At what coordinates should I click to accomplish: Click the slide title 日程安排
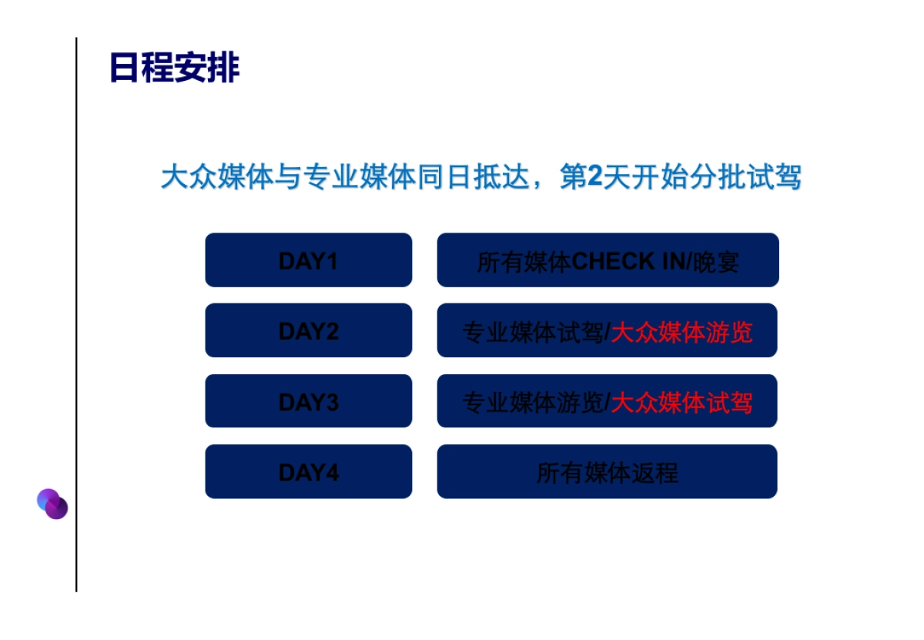(175, 68)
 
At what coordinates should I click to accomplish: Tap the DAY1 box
(308, 261)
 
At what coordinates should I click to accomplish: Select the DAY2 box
(308, 331)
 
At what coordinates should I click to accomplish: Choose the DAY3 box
(308, 401)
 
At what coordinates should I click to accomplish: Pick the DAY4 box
(308, 471)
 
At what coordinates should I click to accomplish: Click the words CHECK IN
(628, 262)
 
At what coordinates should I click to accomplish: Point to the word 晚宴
(716, 263)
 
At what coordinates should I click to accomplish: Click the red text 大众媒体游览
(681, 332)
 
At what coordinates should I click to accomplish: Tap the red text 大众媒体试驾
(681, 402)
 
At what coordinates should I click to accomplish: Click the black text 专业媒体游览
(532, 402)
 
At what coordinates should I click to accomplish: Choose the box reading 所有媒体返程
(607, 471)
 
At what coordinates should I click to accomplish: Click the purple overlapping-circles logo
(52, 504)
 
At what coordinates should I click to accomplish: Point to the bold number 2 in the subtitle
(594, 178)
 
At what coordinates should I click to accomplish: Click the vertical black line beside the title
(76, 308)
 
